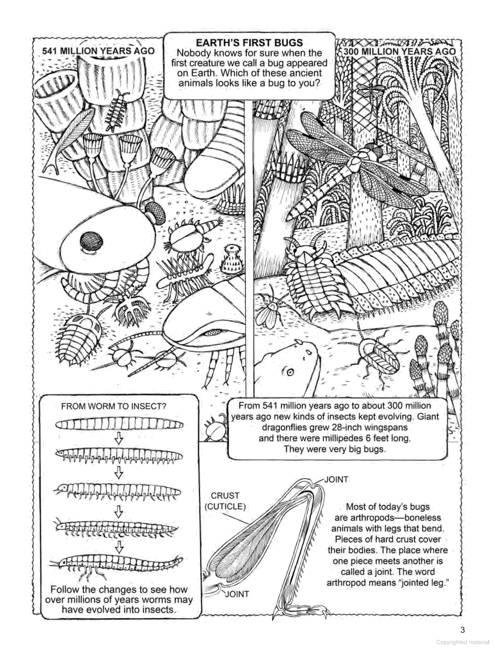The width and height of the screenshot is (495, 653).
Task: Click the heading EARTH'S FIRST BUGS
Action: click(x=249, y=43)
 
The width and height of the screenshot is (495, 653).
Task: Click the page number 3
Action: click(x=463, y=630)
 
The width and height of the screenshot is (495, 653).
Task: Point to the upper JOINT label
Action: click(x=336, y=479)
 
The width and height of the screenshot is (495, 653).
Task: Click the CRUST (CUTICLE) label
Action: click(x=225, y=501)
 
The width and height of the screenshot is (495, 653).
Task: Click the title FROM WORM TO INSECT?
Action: click(x=114, y=406)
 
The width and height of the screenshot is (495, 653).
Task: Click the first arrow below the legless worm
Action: click(x=119, y=439)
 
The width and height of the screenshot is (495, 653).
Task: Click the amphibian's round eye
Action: click(x=289, y=373)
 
